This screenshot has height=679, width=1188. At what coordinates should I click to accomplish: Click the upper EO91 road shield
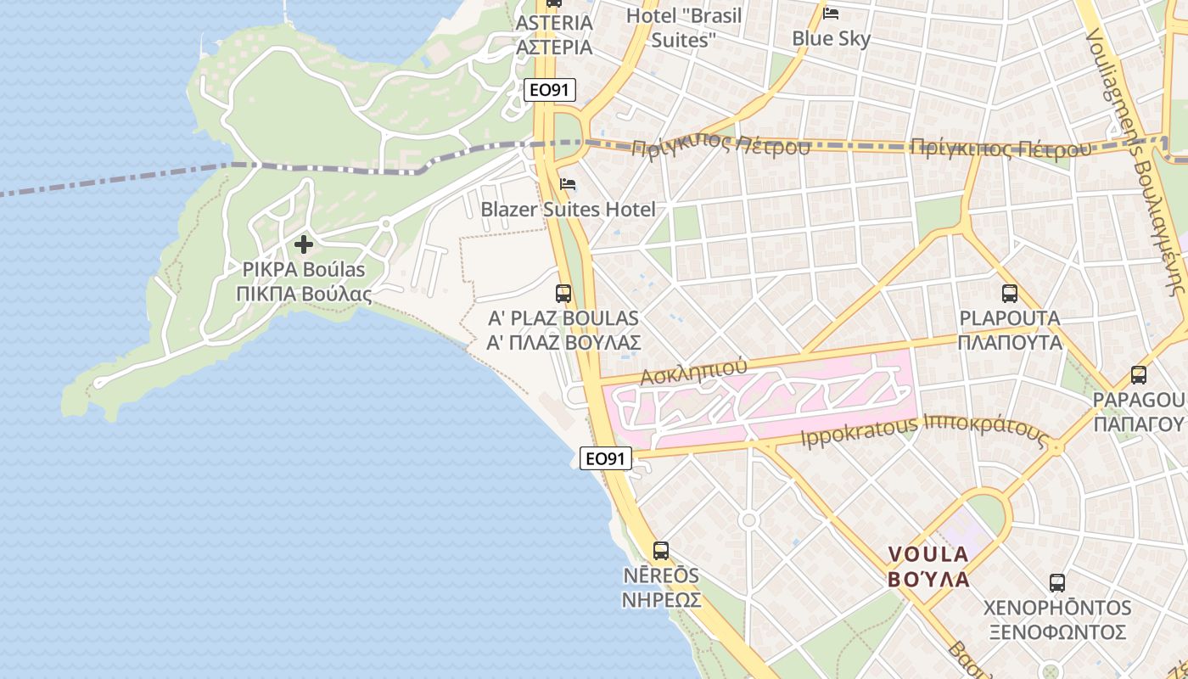click(x=550, y=89)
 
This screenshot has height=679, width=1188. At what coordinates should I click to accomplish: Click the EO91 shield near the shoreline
click(x=606, y=458)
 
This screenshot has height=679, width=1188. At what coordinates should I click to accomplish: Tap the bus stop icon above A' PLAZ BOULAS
click(x=563, y=294)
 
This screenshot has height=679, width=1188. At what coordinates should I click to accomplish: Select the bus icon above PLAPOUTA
click(x=1009, y=294)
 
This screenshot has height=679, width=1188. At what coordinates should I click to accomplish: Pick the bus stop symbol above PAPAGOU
click(x=1138, y=374)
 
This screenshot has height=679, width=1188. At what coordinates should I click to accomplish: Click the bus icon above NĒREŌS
click(x=661, y=550)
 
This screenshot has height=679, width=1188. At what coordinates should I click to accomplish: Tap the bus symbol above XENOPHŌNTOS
click(x=1056, y=583)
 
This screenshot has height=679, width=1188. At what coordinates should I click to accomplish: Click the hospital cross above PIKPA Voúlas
click(x=303, y=245)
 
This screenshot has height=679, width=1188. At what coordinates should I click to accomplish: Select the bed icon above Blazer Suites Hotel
click(x=568, y=184)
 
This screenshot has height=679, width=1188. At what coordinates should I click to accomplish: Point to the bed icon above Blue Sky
click(x=831, y=14)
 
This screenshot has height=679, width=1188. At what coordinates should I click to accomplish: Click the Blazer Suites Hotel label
click(x=568, y=209)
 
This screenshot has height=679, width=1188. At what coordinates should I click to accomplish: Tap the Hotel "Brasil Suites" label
click(x=683, y=27)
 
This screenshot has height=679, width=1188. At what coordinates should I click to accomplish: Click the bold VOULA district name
click(x=927, y=566)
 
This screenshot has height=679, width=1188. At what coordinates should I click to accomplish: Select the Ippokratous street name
click(x=858, y=429)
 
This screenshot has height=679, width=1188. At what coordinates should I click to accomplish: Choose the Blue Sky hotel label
click(x=831, y=38)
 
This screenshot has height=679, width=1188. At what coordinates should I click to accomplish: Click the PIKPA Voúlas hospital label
click(x=303, y=282)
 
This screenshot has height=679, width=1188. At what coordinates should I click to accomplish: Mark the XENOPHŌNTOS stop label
click(x=1056, y=620)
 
